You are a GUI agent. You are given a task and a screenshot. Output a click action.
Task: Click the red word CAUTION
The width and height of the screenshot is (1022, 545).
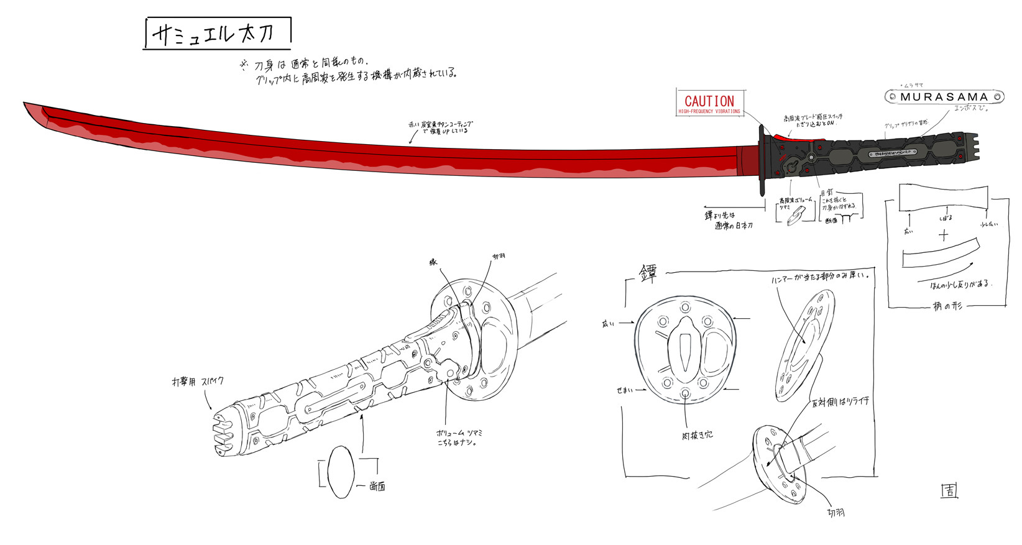[x=709, y=101]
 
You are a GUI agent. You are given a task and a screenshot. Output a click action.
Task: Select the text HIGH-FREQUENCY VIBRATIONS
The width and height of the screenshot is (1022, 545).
[x=709, y=112]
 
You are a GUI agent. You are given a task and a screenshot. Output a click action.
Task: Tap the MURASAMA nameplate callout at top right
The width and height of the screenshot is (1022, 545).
[x=944, y=97]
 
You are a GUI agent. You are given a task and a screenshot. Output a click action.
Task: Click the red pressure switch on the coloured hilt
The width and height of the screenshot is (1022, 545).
[x=784, y=136]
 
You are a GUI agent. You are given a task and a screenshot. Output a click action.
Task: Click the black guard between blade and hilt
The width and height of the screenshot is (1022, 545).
[x=762, y=160]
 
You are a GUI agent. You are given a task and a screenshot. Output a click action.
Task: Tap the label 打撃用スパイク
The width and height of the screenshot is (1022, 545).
[x=198, y=381]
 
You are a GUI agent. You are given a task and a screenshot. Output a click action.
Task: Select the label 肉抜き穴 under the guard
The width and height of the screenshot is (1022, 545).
[x=696, y=436]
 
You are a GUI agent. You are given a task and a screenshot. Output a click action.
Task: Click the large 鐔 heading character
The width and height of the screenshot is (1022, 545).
[x=648, y=273]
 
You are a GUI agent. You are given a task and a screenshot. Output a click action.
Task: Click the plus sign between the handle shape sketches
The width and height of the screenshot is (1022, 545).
[x=944, y=236]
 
